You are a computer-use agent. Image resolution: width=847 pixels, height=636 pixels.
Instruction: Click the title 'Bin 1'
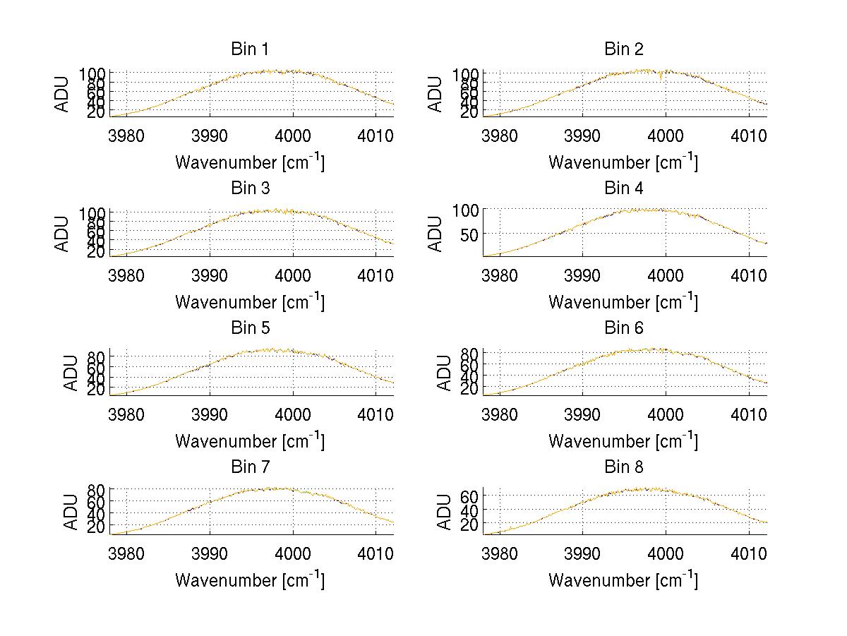pos(249,49)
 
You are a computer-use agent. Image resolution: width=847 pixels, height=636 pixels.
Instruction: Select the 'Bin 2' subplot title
pos(623,49)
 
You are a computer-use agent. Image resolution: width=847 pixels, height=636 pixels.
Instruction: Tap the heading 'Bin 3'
pos(249,188)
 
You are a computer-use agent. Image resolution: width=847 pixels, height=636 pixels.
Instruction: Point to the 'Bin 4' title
pos(623,188)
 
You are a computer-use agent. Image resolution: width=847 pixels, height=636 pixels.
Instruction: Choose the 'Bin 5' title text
pos(249,328)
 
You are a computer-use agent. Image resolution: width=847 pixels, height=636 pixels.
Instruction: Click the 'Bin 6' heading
pos(623,328)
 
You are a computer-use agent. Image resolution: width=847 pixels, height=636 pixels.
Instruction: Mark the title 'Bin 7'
pos(249,467)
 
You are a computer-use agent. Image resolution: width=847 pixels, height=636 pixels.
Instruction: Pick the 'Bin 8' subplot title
pos(623,467)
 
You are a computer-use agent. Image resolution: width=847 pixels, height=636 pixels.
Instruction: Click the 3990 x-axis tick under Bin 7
pos(210,553)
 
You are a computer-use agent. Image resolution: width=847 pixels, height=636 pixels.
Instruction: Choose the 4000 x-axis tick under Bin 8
pos(666,553)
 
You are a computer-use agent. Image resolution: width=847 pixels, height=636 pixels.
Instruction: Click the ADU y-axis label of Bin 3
pos(63,233)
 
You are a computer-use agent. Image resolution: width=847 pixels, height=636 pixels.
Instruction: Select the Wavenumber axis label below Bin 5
pos(249,441)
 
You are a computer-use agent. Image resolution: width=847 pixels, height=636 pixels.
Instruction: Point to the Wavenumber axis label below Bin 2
pos(623,162)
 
